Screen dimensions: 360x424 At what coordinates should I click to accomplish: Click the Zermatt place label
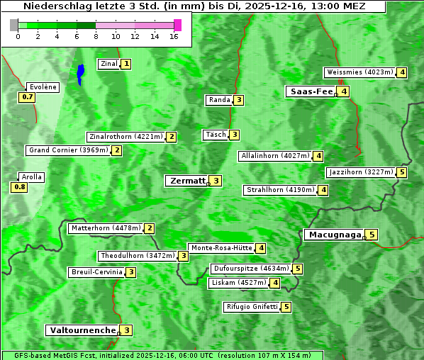point(186,181)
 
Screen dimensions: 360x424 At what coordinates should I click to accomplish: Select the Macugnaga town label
point(333,235)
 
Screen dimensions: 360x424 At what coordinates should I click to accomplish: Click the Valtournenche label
point(82,330)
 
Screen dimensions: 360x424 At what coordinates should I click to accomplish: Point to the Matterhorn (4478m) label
point(105,228)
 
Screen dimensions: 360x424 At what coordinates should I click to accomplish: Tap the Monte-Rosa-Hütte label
point(221,248)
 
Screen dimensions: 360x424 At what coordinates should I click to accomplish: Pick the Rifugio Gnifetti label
point(252,307)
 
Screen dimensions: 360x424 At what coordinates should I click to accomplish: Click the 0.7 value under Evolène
point(28,96)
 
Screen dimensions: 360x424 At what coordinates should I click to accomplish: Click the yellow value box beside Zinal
point(126,64)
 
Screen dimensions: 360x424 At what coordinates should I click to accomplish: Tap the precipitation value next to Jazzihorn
point(402,172)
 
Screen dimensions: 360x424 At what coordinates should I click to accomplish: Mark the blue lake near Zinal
point(80,73)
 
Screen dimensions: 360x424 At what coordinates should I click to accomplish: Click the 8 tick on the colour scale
point(96,36)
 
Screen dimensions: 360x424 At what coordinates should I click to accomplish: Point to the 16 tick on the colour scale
point(174,36)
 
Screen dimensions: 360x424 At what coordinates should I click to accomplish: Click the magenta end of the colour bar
point(177,25)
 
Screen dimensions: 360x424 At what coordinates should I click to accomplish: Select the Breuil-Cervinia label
point(96,272)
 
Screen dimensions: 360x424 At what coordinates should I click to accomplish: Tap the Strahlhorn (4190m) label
point(280,190)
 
